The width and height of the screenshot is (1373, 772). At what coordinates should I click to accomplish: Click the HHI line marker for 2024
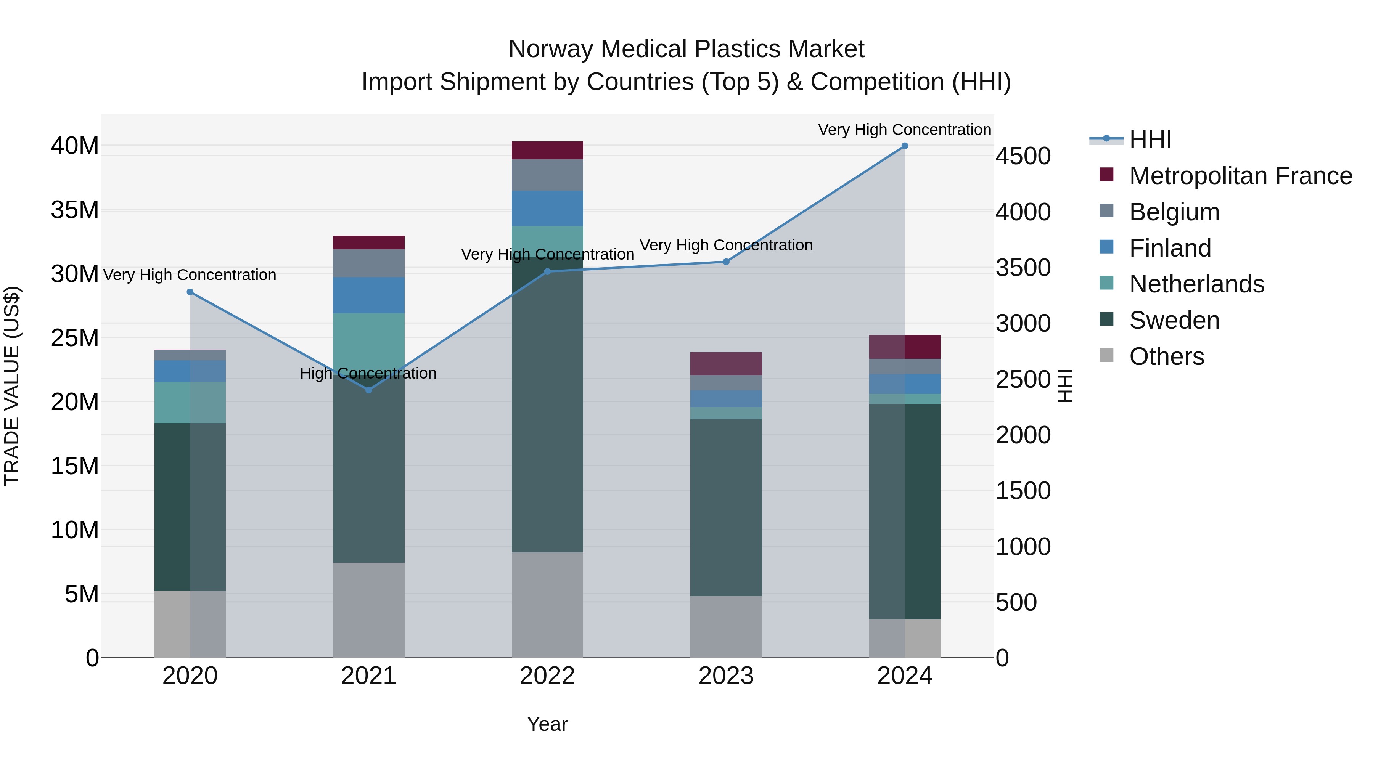(x=905, y=146)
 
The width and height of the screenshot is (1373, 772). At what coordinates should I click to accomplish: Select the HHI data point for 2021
(x=369, y=390)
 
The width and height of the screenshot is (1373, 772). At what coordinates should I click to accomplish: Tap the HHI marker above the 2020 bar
(x=190, y=292)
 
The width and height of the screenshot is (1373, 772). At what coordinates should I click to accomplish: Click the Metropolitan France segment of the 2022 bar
(x=547, y=150)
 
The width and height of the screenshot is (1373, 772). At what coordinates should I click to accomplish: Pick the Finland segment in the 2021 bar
(x=369, y=295)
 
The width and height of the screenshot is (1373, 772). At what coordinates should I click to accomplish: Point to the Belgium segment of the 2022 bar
(x=547, y=175)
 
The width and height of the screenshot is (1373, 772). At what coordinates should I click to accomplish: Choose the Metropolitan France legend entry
(x=1240, y=176)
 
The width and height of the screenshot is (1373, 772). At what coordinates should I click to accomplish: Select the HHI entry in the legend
(x=1150, y=140)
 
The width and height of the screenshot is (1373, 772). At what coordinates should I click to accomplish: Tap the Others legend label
(x=1166, y=356)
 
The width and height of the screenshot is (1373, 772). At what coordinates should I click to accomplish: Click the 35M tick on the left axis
(x=75, y=210)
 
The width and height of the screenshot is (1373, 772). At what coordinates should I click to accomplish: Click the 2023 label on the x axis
(x=726, y=676)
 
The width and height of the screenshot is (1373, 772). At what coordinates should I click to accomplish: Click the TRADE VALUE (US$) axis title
(x=12, y=386)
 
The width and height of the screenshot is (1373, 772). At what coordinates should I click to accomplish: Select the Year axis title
(x=547, y=724)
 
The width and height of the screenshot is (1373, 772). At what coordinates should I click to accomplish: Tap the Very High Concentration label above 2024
(x=905, y=130)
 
